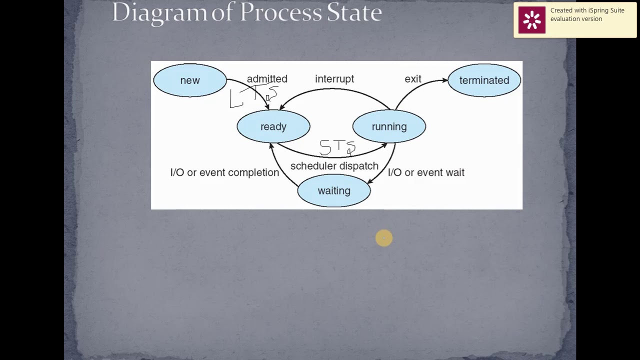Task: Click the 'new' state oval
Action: click(x=190, y=80)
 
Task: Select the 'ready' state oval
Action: click(x=273, y=126)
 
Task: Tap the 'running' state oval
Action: click(x=389, y=126)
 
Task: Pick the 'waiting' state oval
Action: click(x=334, y=191)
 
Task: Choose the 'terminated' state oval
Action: click(x=484, y=80)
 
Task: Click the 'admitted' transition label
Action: click(x=267, y=79)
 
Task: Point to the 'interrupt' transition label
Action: click(x=334, y=79)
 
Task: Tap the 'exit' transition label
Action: click(x=413, y=79)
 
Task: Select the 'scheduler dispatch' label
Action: click(x=334, y=166)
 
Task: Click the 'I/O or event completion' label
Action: click(x=224, y=172)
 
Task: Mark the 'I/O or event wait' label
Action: click(x=426, y=172)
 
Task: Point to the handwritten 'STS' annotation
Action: click(x=337, y=147)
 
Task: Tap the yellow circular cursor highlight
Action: click(x=384, y=238)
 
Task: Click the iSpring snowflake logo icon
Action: click(x=531, y=20)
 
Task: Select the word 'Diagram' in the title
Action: click(x=159, y=12)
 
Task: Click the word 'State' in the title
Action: click(x=354, y=12)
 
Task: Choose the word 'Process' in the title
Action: click(x=280, y=12)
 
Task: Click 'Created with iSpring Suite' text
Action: click(x=587, y=10)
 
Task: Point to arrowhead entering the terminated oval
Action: click(x=444, y=80)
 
